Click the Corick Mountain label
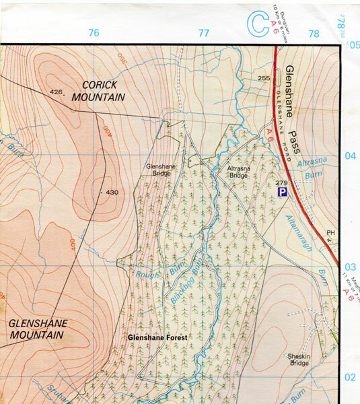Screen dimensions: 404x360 coord(104,91)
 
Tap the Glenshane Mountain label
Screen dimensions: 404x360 coord(38,329)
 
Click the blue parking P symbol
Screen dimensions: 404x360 coord(283,193)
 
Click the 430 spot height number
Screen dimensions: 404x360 coord(112,193)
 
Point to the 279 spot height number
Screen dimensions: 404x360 coord(282,182)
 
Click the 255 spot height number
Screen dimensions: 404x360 coord(264,79)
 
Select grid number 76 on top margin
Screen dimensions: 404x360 coord(94,33)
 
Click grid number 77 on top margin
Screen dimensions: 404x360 coord(204,33)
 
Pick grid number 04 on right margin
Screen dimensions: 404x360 coord(350,156)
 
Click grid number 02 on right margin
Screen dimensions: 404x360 coord(350,378)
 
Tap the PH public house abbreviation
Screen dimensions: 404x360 coord(330,234)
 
